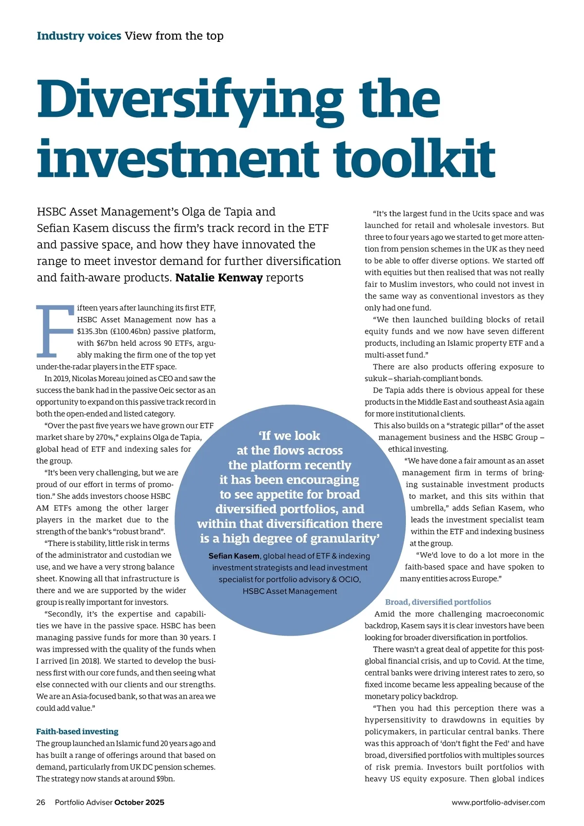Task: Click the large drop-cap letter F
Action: pyautogui.click(x=55, y=331)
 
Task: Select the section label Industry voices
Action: pyautogui.click(x=79, y=36)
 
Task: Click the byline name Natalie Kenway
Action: pyautogui.click(x=219, y=278)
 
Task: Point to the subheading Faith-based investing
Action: pyautogui.click(x=77, y=732)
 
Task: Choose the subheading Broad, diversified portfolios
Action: pyautogui.click(x=438, y=602)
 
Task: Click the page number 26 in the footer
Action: pyautogui.click(x=41, y=802)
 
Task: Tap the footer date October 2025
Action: pyautogui.click(x=139, y=802)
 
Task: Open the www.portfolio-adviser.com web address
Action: pyautogui.click(x=498, y=802)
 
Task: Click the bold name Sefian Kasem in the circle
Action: pyautogui.click(x=234, y=556)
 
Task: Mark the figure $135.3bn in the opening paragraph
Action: pyautogui.click(x=92, y=332)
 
